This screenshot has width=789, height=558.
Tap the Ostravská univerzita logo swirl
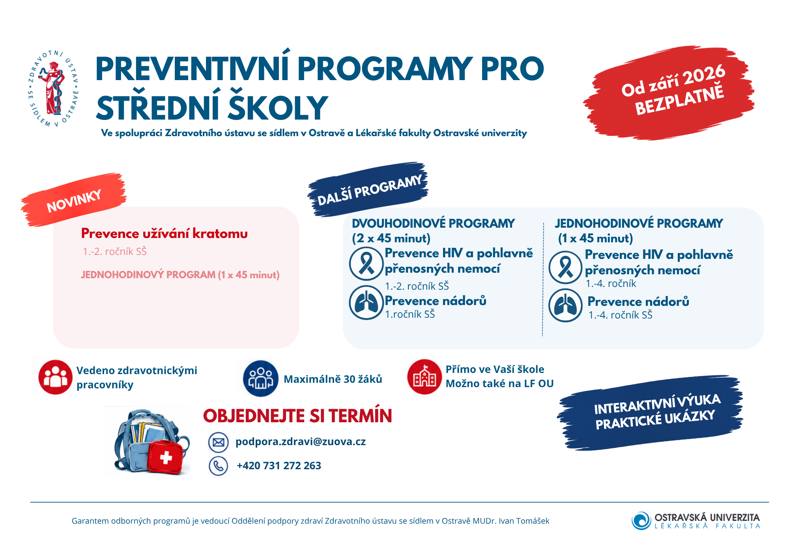click(641, 521)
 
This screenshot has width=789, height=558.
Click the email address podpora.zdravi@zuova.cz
click(301, 442)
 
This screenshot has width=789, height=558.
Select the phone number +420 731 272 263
click(279, 466)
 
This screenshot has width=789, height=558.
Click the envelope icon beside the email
click(219, 442)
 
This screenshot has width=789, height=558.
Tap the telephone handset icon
click(218, 466)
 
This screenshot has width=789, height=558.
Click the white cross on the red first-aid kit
click(166, 458)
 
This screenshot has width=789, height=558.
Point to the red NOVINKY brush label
click(74, 200)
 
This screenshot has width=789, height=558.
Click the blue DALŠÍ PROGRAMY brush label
click(368, 189)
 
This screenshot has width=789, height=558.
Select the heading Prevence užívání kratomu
click(165, 234)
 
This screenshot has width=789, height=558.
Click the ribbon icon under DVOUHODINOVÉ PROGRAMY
click(366, 264)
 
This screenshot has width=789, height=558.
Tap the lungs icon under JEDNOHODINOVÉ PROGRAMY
click(565, 305)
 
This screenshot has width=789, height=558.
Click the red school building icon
click(424, 377)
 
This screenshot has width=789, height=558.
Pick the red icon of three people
click(56, 377)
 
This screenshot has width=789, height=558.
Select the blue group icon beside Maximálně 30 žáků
click(261, 378)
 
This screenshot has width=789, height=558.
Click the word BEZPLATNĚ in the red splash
click(679, 100)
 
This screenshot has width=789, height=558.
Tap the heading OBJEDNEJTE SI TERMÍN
click(297, 416)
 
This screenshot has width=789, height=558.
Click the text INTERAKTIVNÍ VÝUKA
click(657, 404)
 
